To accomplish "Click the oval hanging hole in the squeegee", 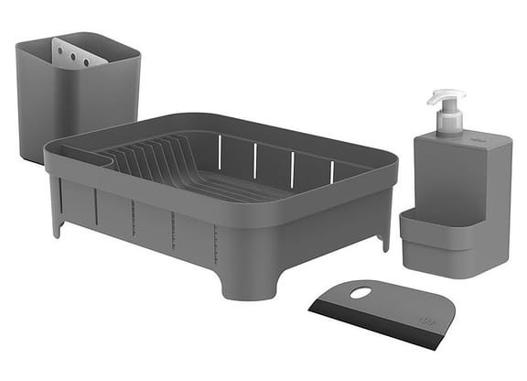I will [x=362, y=294].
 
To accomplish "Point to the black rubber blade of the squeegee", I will [x=375, y=327].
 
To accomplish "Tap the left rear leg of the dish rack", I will [x=56, y=220].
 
